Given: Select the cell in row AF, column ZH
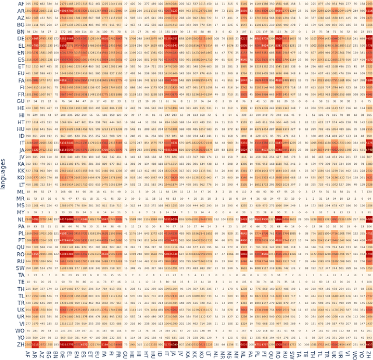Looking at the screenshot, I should click(x=369, y=4).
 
